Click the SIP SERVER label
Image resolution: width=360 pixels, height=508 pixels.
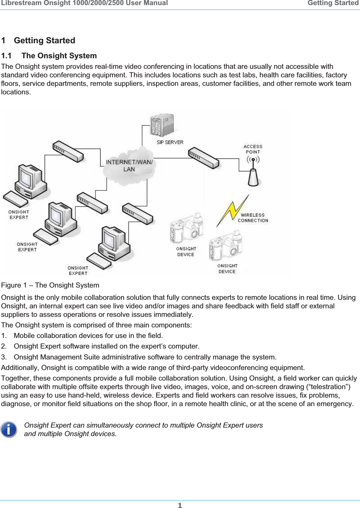tap(170, 142)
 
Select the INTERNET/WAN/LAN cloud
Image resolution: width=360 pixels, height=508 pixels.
tap(129, 166)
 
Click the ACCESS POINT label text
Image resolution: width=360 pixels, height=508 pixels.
tap(253, 149)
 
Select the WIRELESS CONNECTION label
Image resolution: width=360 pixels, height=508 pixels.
tap(253, 218)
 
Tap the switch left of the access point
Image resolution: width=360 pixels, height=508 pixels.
tap(204, 158)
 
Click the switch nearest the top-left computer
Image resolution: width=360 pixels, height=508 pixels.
tap(67, 151)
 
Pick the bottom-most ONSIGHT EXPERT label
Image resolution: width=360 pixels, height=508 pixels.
tap(78, 271)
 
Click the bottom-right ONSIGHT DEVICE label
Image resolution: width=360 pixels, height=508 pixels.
tap(227, 268)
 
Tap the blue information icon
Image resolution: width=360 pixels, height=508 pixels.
tap(9, 429)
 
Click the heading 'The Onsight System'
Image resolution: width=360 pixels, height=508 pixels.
tap(59, 56)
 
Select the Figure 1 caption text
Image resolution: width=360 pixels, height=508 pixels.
tap(50, 285)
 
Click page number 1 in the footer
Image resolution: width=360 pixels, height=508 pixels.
tap(180, 505)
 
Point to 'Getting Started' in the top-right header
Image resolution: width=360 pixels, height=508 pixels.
tap(332, 3)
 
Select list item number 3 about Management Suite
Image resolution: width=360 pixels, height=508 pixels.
tap(145, 357)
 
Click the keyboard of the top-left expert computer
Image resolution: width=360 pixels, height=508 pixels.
tap(16, 199)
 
